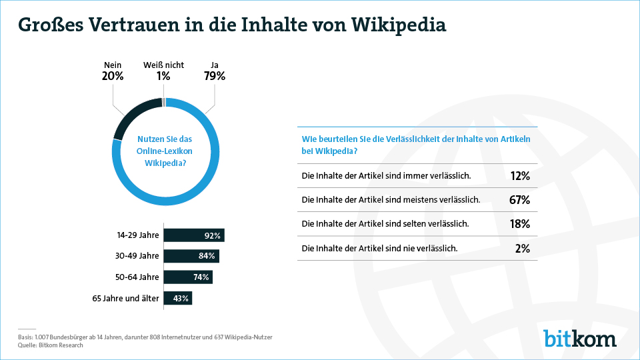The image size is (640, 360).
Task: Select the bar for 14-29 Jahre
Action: pos(194,235)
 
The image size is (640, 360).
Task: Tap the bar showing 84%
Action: pos(191,256)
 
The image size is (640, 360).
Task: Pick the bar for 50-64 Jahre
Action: pos(188,277)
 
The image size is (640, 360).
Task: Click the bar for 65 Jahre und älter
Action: pos(177,298)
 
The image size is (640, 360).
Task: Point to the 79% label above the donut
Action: pos(215,76)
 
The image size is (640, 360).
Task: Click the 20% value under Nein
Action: pos(113,76)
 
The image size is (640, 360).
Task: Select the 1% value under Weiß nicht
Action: pos(163,76)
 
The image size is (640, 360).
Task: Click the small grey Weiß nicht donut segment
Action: pos(164,102)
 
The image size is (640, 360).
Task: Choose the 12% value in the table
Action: pos(519,176)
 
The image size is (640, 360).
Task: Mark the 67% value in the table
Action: pos(519,200)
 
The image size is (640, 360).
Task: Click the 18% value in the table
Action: pos(519,224)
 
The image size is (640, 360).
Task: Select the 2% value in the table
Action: pos(522,248)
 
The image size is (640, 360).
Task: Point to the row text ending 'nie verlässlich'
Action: pos(379,248)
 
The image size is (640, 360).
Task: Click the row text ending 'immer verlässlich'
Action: pos(387,176)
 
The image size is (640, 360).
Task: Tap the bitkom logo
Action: pos(579,338)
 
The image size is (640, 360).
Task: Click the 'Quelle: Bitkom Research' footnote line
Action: pos(51,345)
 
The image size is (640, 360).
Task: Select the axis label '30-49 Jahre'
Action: pos(138,256)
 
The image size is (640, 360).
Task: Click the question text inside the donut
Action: pos(164,150)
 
